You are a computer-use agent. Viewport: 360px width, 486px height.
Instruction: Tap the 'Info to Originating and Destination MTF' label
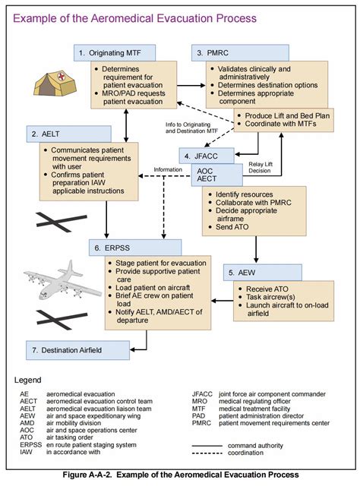point(191,127)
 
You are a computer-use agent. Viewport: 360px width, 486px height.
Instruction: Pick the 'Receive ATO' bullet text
point(263,289)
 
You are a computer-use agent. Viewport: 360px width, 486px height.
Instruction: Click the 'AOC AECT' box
point(208,175)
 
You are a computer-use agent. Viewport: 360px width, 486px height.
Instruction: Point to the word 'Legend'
point(30,379)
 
